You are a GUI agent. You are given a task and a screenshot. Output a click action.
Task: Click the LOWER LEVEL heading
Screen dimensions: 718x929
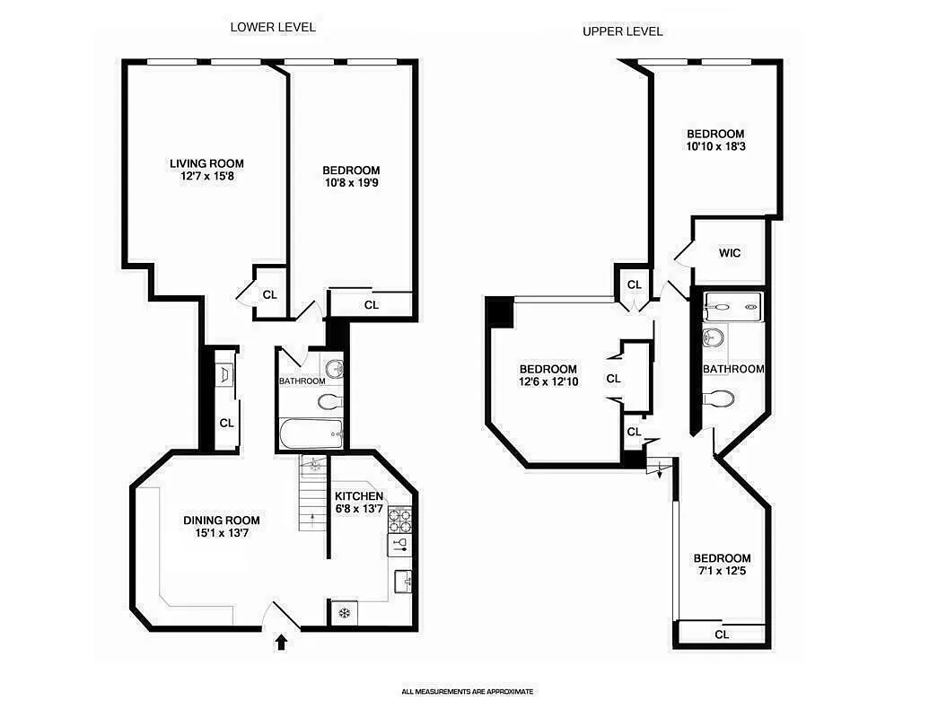click(273, 27)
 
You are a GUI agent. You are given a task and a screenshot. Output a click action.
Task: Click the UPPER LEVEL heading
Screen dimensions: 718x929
click(622, 31)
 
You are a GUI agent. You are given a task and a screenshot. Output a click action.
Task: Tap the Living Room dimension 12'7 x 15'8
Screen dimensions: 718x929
click(206, 177)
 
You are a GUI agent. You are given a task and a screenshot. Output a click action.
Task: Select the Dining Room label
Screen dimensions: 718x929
click(222, 520)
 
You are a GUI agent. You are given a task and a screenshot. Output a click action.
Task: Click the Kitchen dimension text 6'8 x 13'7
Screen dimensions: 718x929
click(359, 510)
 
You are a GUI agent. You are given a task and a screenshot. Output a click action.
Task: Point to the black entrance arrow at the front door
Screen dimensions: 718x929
click(283, 641)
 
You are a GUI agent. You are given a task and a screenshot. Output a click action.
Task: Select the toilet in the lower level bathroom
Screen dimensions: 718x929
click(329, 400)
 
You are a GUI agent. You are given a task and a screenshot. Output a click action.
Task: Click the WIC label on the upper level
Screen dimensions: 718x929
click(730, 253)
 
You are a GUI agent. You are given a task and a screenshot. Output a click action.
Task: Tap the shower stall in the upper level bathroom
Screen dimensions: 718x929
click(732, 306)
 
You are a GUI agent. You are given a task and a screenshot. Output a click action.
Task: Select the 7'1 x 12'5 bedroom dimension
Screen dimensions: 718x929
click(722, 571)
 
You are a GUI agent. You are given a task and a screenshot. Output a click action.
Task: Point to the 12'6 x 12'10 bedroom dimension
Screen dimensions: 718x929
click(548, 383)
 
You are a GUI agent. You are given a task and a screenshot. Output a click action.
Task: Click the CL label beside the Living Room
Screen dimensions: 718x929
click(270, 294)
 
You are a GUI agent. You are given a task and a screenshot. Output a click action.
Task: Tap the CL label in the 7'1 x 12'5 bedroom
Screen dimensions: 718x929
click(722, 635)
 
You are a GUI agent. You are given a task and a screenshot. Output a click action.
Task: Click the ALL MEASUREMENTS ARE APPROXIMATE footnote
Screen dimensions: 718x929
click(467, 692)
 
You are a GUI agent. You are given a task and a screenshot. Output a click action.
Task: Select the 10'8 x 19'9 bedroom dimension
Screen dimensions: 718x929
click(351, 184)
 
